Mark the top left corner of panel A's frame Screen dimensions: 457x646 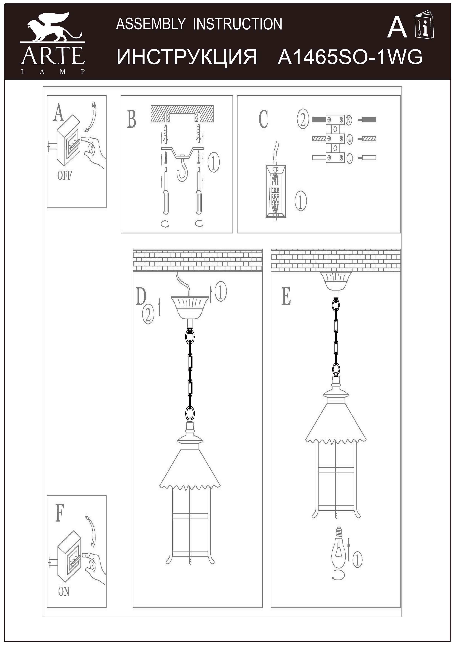(47, 96)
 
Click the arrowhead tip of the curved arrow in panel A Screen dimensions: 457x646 (85, 131)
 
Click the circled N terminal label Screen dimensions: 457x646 (349, 120)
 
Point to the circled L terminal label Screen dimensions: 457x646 (349, 158)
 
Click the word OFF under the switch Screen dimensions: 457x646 (64, 176)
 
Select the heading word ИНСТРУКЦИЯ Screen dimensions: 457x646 (187, 57)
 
